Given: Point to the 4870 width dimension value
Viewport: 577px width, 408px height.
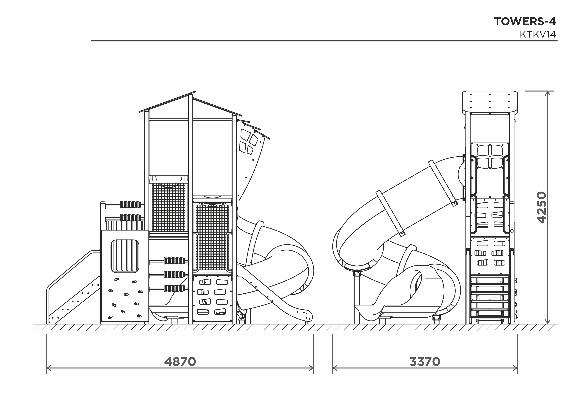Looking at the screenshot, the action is (x=180, y=362).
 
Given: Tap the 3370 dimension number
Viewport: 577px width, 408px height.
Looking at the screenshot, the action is (x=425, y=362).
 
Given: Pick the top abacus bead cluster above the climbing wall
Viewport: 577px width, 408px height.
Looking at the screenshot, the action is (x=130, y=205).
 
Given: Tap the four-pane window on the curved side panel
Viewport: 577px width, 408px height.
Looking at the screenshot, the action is (x=249, y=141).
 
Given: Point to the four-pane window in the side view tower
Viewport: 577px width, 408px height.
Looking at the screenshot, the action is (x=490, y=157).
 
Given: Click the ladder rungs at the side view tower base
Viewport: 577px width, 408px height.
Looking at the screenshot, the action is (x=490, y=300).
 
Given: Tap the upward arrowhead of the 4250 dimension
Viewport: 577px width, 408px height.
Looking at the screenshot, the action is (x=548, y=93).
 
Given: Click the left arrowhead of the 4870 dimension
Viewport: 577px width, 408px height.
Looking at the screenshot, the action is (x=49, y=368).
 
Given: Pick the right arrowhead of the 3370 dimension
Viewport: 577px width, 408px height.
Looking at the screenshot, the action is (x=515, y=368).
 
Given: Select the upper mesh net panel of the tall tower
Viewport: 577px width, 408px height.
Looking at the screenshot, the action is (x=169, y=207).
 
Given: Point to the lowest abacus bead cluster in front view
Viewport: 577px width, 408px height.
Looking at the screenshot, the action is (x=174, y=288).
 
